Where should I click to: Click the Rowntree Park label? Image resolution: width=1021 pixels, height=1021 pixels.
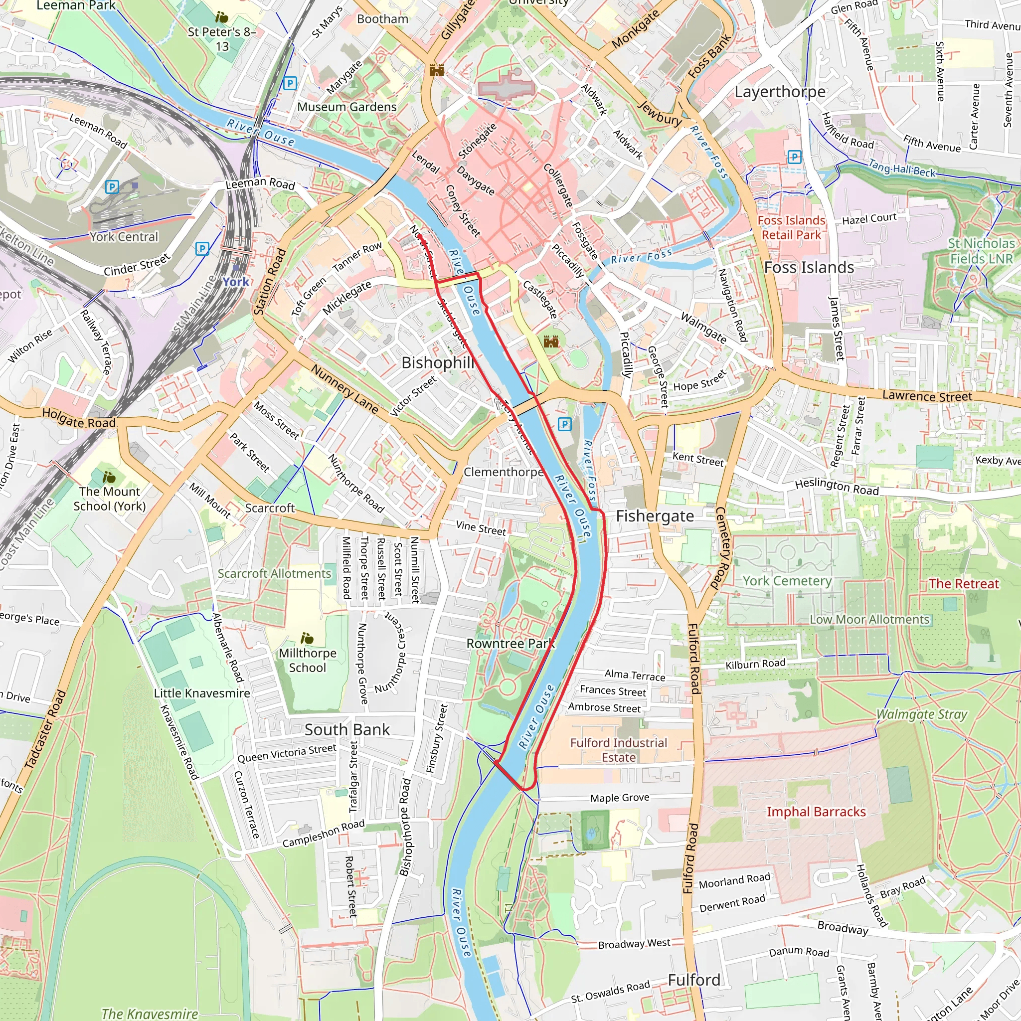point(510,644)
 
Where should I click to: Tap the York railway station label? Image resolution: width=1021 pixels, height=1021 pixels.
point(236,282)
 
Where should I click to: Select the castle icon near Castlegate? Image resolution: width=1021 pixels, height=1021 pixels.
point(551,342)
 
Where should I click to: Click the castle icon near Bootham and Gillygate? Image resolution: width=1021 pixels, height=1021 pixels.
point(437,70)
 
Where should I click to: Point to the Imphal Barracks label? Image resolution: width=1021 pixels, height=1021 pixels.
point(816,812)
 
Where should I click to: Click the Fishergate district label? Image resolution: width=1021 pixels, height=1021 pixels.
point(655,516)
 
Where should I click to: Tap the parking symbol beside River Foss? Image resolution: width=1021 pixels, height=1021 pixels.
point(564,424)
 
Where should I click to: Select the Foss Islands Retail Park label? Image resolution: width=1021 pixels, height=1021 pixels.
point(791,228)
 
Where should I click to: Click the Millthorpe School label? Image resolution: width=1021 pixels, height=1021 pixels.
point(308,660)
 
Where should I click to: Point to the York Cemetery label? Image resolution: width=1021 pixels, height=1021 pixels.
point(787,581)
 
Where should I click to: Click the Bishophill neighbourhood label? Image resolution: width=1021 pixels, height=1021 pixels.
point(438,362)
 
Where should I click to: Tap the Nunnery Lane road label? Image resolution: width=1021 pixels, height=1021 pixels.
point(344,389)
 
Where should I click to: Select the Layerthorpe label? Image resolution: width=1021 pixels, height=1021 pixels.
point(780,92)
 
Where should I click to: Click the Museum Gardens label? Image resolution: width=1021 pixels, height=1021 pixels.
point(346,107)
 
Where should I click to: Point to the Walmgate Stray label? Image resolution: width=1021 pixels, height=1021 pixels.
point(922,714)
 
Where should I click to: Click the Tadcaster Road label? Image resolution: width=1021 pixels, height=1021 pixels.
point(45,729)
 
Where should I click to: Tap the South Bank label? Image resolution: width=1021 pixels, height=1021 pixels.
point(347,730)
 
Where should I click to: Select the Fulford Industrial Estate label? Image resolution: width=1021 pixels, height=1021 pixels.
point(618,750)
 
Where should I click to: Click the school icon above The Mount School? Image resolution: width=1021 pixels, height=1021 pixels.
point(109,477)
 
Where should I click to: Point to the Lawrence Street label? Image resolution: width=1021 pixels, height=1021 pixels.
point(927,396)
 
